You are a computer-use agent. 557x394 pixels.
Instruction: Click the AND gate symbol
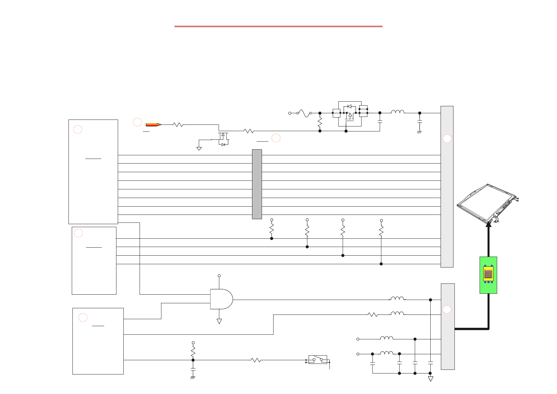(221, 299)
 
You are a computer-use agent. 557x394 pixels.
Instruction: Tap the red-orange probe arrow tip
(154, 125)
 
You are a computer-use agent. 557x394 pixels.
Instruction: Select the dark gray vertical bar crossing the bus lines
(257, 184)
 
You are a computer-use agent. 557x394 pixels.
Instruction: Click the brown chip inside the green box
(489, 274)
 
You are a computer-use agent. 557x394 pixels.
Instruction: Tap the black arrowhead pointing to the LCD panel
(489, 225)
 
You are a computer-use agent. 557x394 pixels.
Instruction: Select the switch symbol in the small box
(318, 359)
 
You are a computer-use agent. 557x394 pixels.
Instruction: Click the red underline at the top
(278, 26)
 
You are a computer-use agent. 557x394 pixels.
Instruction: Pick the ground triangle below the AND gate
(219, 321)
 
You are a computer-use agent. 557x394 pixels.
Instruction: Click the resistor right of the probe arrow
(178, 125)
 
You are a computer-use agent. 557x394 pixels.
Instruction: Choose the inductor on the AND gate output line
(397, 299)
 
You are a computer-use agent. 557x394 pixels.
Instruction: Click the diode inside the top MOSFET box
(349, 107)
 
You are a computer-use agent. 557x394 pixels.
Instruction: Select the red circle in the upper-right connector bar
(447, 138)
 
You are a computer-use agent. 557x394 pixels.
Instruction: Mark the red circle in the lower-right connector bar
(447, 310)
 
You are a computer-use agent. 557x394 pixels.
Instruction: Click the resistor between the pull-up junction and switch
(256, 360)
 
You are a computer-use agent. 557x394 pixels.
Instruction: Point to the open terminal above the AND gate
(219, 276)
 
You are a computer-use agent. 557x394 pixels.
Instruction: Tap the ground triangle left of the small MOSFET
(199, 149)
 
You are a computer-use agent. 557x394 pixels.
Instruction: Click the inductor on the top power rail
(397, 112)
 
